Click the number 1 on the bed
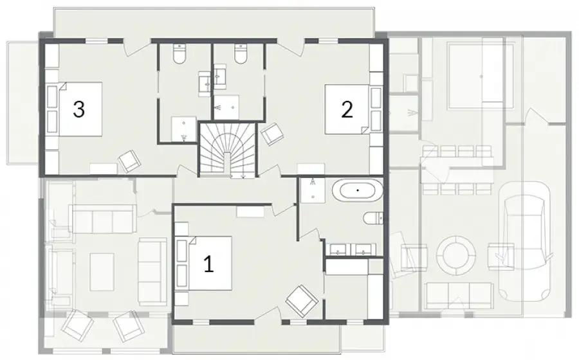tap(208, 264)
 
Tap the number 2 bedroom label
tap(347, 109)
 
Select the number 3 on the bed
tap(78, 109)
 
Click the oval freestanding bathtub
tap(357, 191)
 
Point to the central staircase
tap(228, 150)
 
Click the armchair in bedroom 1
tap(302, 300)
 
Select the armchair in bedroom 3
tap(129, 161)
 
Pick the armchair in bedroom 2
tap(272, 134)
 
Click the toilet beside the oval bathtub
tap(373, 219)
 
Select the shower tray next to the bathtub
tap(313, 190)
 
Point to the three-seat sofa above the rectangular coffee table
tap(102, 219)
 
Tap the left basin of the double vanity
tap(338, 249)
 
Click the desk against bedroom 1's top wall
tap(250, 212)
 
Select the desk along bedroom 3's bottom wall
tap(104, 168)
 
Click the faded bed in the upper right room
tap(480, 76)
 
